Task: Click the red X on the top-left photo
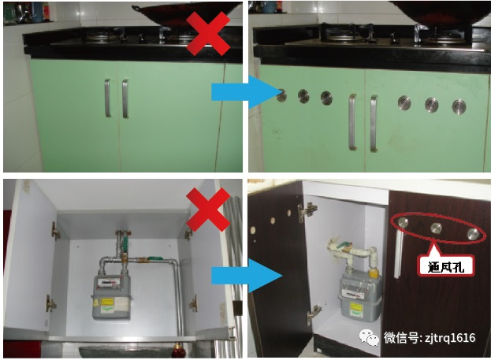tap(208, 34)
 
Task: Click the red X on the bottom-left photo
tap(208, 210)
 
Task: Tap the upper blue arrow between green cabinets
tap(246, 92)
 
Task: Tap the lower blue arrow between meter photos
tap(247, 276)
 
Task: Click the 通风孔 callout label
tap(446, 266)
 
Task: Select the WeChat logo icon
tap(370, 337)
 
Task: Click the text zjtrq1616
tap(449, 338)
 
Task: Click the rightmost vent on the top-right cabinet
tap(459, 106)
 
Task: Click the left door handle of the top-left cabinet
tap(107, 98)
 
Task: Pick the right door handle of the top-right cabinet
tap(374, 124)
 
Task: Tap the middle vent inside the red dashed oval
tap(436, 228)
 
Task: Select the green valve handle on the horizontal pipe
tap(154, 258)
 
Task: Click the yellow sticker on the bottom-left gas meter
tap(107, 302)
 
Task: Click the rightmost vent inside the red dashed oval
tap(473, 234)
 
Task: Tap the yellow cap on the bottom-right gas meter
tap(374, 273)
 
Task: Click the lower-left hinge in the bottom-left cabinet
tap(50, 303)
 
